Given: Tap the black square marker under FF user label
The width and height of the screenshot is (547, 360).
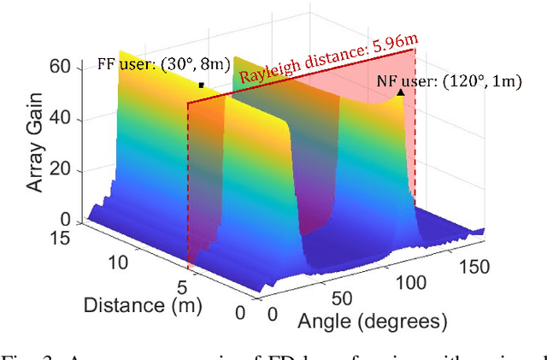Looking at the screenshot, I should click(202, 85).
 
